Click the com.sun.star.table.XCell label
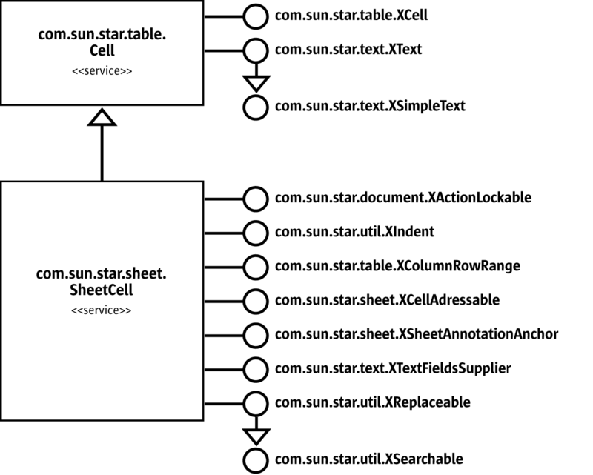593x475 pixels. [x=351, y=14]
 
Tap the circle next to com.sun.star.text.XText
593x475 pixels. [x=255, y=50]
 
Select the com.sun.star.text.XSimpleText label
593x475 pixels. [x=370, y=106]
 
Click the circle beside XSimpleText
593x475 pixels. [x=255, y=106]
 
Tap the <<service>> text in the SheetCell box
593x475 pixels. [x=102, y=310]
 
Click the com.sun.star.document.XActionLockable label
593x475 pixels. [x=403, y=198]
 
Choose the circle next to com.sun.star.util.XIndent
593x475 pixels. [x=255, y=232]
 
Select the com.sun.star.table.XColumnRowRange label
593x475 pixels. [x=396, y=265]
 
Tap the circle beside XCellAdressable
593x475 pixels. [x=255, y=300]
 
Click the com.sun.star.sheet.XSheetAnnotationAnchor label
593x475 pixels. [x=416, y=334]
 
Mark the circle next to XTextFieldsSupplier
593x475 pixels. [x=255, y=368]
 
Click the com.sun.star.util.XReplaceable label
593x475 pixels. [x=373, y=402]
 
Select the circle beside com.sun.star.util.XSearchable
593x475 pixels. [x=255, y=458]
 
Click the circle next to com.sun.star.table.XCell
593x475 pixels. [x=255, y=14]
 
